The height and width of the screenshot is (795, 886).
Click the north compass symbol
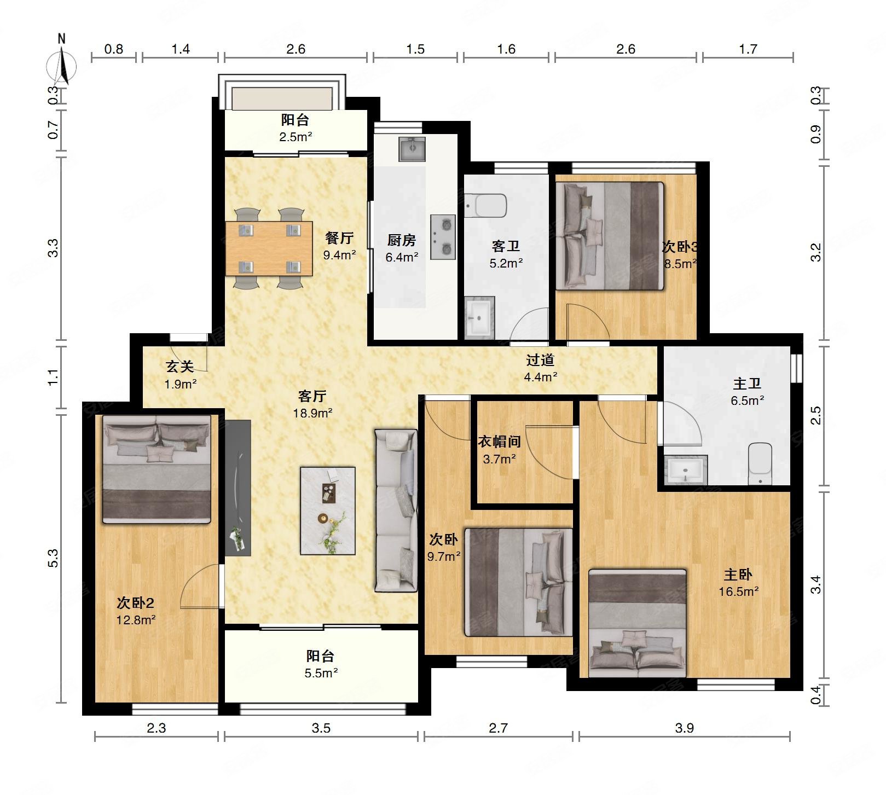(61, 63)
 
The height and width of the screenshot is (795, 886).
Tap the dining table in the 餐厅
(269, 248)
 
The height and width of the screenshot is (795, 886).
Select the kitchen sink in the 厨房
(412, 149)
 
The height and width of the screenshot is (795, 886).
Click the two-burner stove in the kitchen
(443, 237)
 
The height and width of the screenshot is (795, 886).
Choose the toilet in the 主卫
(760, 464)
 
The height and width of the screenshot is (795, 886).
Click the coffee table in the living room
(328, 511)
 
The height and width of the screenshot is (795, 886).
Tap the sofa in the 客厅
(396, 510)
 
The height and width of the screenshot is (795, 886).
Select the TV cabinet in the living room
(238, 488)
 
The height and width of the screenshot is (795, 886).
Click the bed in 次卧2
(157, 469)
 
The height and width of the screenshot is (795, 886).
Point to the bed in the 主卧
(638, 623)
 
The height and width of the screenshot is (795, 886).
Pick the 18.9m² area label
(312, 413)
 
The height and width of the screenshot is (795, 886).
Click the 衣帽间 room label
(499, 442)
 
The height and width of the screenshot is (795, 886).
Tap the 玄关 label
(180, 367)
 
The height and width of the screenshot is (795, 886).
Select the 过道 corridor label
(540, 360)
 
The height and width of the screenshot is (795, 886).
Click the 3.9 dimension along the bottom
(684, 728)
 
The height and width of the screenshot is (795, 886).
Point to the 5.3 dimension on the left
(53, 558)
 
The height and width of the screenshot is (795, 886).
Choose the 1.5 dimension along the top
(415, 49)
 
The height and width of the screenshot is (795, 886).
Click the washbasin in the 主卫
(686, 470)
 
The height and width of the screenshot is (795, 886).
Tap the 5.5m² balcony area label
(321, 673)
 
